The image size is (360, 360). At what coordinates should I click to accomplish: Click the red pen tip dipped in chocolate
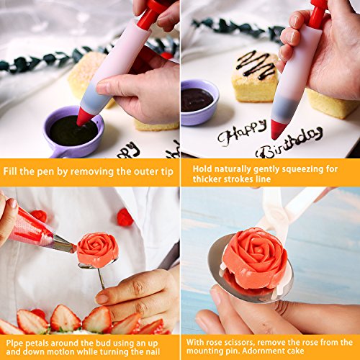(84, 117)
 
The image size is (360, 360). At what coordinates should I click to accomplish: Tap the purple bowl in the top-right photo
(199, 102)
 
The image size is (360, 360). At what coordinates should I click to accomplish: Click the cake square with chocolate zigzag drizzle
(255, 76)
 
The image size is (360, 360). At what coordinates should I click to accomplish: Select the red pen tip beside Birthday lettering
(278, 130)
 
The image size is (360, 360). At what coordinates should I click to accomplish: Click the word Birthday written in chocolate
(289, 143)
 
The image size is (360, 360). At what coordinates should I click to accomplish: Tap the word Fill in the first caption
(10, 171)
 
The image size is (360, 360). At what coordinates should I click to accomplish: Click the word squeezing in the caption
(303, 169)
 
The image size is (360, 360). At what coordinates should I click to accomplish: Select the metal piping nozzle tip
(64, 244)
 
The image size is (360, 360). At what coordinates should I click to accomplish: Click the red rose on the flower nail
(98, 250)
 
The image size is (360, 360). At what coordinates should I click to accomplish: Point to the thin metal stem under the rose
(102, 279)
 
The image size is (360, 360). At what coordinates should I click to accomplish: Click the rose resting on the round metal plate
(255, 259)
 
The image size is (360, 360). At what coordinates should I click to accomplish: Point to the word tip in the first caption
(167, 172)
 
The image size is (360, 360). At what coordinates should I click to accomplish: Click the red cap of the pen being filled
(149, 14)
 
